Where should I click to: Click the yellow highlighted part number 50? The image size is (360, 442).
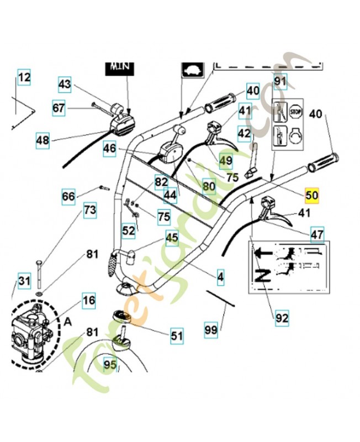(x=312, y=195)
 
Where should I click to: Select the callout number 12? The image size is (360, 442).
(x=24, y=78)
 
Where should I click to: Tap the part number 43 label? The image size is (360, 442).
(x=65, y=85)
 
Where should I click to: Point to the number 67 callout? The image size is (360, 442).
(x=59, y=108)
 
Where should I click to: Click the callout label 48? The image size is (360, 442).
(x=43, y=140)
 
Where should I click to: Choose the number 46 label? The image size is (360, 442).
(x=109, y=148)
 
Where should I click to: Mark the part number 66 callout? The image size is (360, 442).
(x=68, y=197)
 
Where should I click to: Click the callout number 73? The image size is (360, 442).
(x=89, y=210)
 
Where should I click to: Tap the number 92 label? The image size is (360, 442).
(x=282, y=318)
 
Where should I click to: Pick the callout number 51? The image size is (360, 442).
(x=176, y=335)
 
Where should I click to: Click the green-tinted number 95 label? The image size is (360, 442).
(x=110, y=365)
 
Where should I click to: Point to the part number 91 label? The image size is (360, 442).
(x=280, y=82)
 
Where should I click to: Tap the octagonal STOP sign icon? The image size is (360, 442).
(x=297, y=110)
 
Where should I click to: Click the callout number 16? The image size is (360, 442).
(x=89, y=301)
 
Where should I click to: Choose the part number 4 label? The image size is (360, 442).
(x=220, y=277)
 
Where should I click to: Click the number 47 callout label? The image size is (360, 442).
(x=317, y=234)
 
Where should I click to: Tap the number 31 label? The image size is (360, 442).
(x=23, y=281)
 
